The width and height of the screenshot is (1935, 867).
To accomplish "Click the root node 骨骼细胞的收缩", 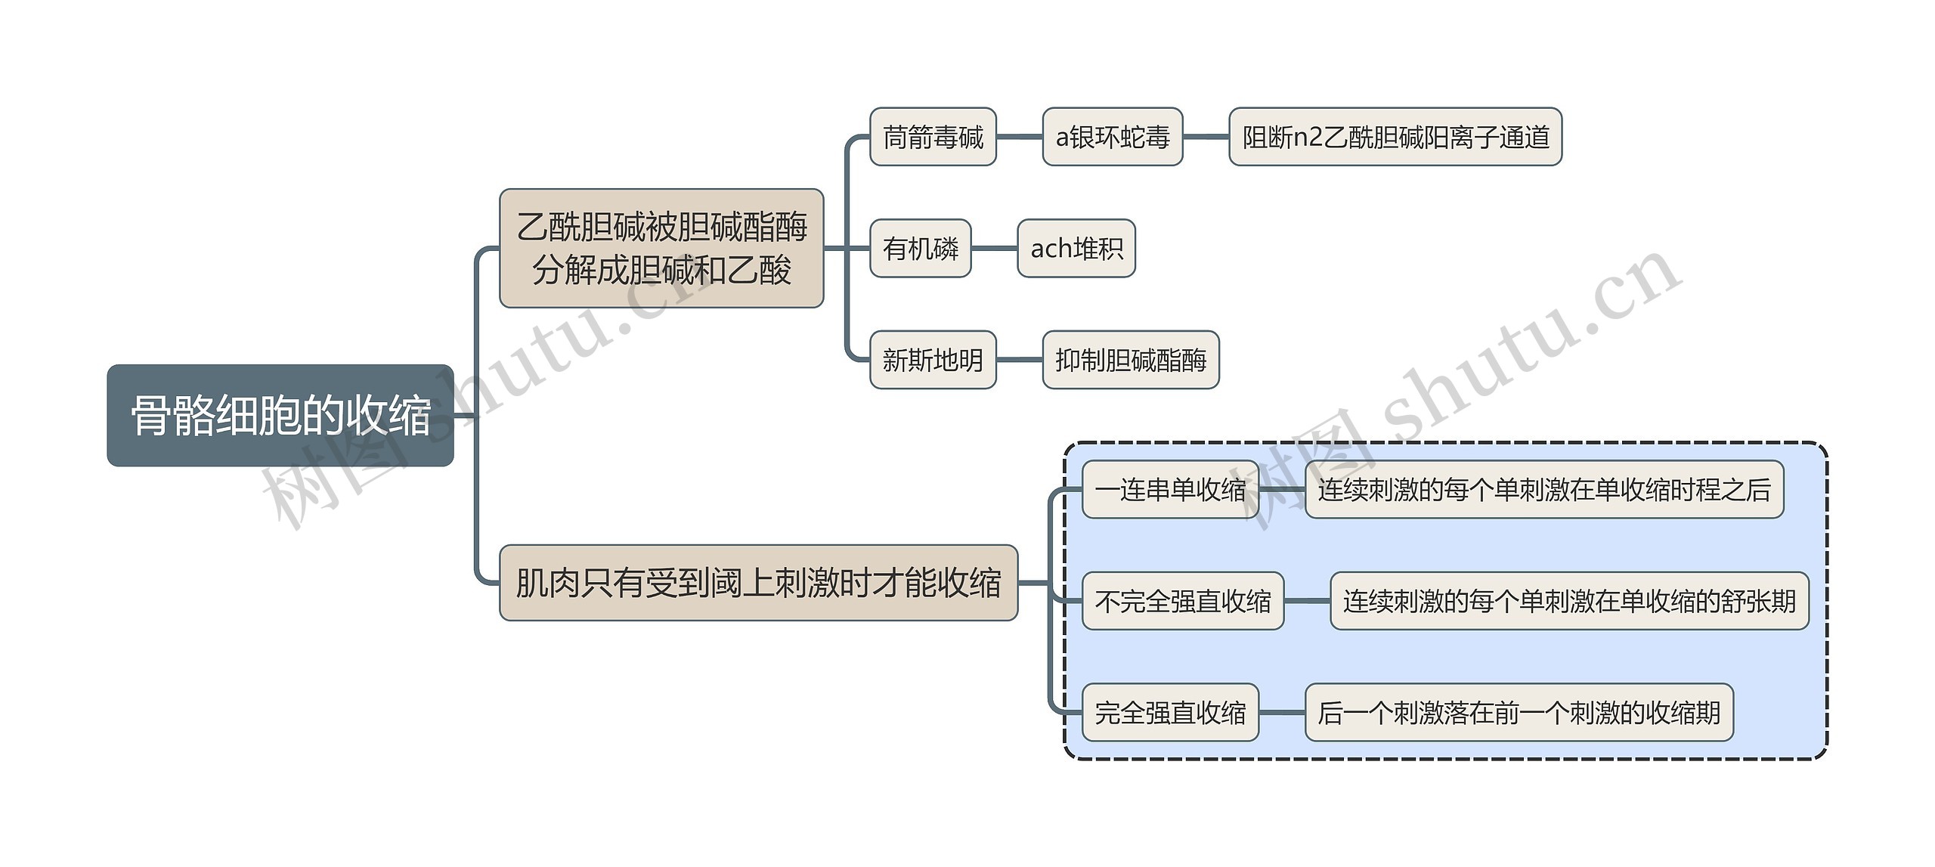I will click(x=280, y=415).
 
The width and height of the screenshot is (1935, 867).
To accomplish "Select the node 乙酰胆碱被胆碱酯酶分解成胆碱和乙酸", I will click(x=661, y=248).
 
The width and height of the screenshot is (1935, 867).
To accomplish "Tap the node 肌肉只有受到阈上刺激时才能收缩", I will click(x=758, y=583).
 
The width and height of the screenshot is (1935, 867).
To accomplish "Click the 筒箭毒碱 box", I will click(x=932, y=137).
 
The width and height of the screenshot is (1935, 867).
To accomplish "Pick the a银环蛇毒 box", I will click(x=1112, y=137).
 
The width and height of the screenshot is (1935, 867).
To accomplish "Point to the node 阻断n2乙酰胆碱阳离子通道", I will click(x=1395, y=137).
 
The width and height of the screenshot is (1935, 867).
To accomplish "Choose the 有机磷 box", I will click(x=920, y=248).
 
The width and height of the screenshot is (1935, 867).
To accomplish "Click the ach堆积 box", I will click(x=1076, y=248).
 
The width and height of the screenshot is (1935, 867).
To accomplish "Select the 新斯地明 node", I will click(x=932, y=360).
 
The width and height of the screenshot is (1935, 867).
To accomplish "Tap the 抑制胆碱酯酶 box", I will click(x=1130, y=360).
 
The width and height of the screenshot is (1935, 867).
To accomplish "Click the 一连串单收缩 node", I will click(x=1169, y=490).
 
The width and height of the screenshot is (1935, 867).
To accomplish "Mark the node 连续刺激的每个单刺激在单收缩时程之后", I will click(x=1543, y=490).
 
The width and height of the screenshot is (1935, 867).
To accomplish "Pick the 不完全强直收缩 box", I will click(x=1182, y=601).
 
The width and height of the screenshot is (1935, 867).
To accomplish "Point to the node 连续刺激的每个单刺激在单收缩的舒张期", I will click(x=1568, y=601).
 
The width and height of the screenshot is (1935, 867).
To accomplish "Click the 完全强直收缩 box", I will click(x=1169, y=712).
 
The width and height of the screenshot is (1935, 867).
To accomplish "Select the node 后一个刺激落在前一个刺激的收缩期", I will click(x=1519, y=712).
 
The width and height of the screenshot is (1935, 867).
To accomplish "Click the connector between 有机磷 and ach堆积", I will click(x=994, y=248).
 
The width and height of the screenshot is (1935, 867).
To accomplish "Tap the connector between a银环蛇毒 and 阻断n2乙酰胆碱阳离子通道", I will click(x=1206, y=137).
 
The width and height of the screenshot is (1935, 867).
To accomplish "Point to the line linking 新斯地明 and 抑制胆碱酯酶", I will click(x=1019, y=360).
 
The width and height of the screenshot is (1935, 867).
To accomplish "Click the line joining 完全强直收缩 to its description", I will click(x=1281, y=712).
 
